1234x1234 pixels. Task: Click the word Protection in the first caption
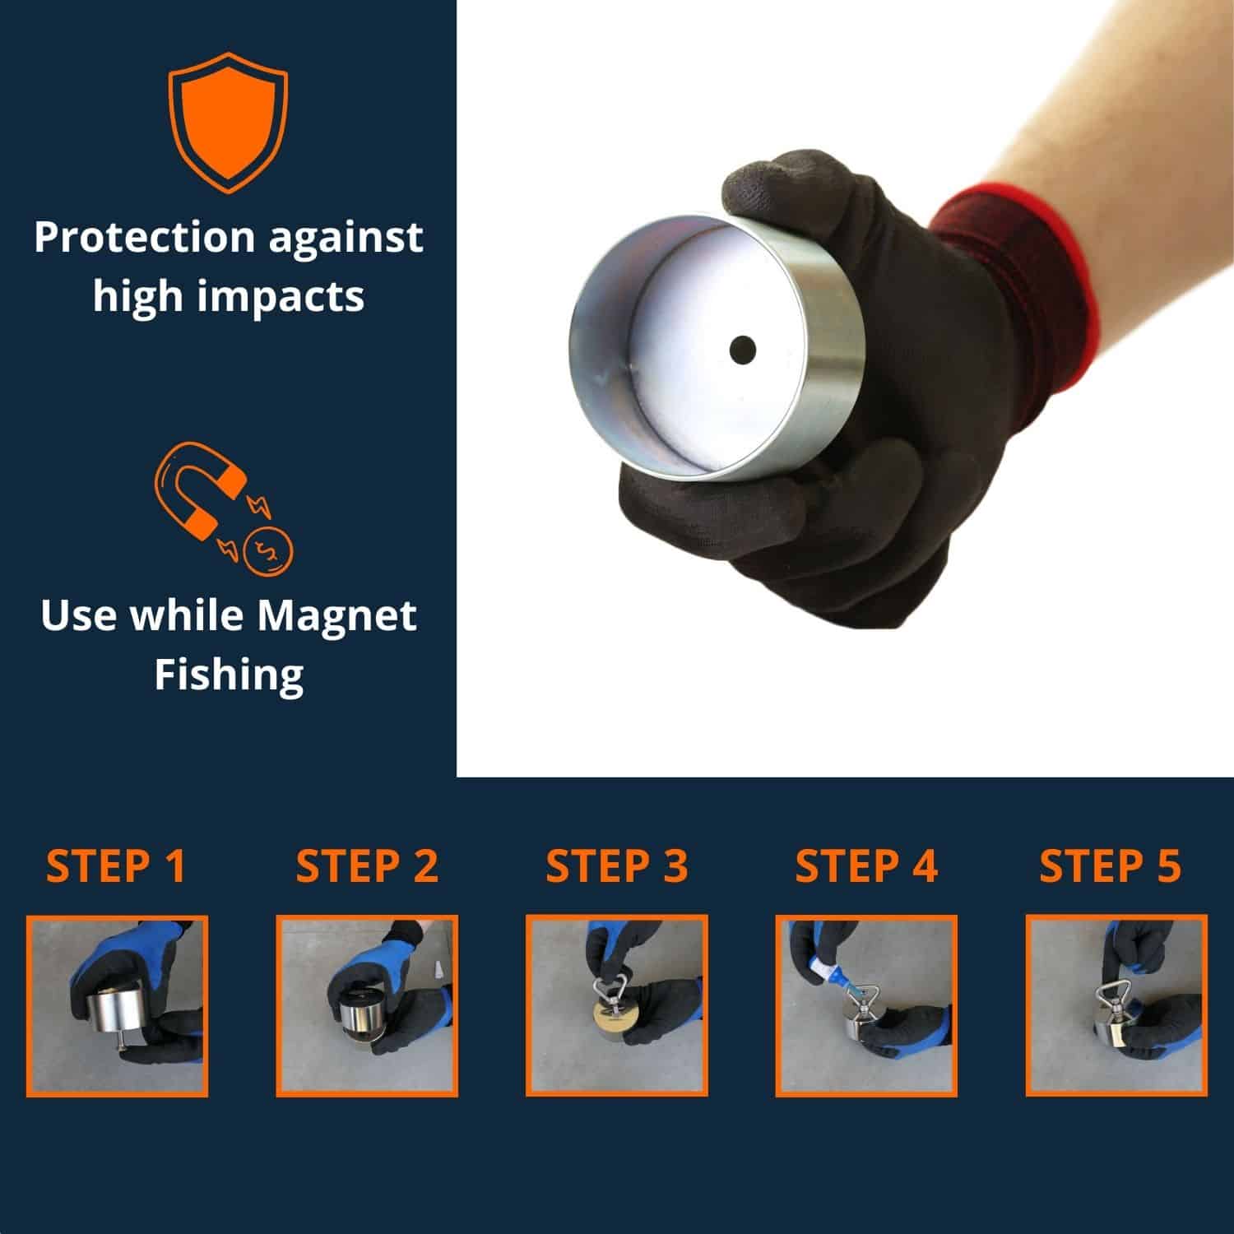point(145,238)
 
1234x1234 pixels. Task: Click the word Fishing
point(229,675)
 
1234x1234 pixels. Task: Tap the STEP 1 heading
point(116,866)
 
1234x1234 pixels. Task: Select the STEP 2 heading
point(367,866)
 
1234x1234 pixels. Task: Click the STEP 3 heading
point(616,866)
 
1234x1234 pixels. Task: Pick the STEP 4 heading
point(866,866)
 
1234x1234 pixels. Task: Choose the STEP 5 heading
point(1110,866)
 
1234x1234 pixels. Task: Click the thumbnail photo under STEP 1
point(117,1005)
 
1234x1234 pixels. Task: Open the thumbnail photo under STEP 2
point(367,1005)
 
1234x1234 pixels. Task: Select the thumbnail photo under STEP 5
point(1116,1005)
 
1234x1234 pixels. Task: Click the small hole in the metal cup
point(742,349)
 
